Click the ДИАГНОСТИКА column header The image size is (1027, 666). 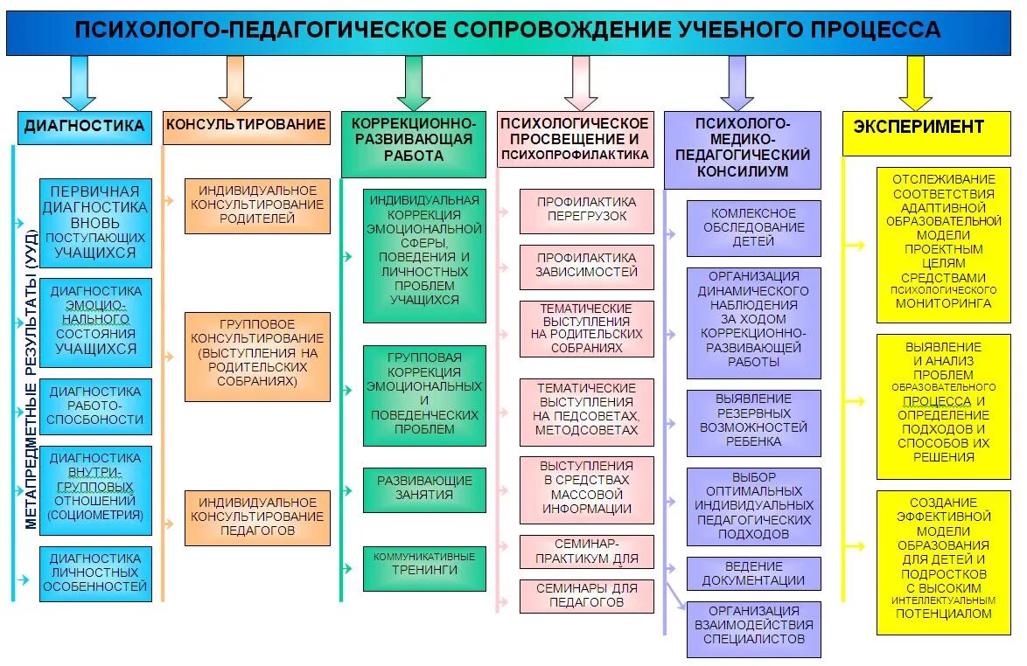(x=84, y=127)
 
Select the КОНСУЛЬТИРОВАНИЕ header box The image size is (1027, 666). (x=247, y=125)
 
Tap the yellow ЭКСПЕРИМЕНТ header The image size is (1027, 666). (x=919, y=127)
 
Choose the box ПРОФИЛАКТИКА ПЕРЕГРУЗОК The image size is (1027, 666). (x=587, y=210)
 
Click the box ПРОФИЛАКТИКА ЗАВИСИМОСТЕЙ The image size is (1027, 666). (x=587, y=266)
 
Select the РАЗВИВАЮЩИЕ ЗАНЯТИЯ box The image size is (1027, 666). (x=424, y=489)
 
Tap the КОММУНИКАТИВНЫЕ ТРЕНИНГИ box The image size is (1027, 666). (x=424, y=564)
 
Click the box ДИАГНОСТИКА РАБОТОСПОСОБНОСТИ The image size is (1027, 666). (x=95, y=406)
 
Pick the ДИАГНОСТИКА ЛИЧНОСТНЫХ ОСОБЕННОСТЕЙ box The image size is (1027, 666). (x=95, y=573)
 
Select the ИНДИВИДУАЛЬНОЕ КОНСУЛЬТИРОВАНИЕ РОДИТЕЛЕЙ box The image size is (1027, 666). (x=257, y=205)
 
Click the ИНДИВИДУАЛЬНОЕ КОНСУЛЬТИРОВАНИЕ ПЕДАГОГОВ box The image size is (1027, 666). (x=257, y=517)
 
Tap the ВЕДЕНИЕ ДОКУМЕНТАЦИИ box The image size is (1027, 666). (x=753, y=573)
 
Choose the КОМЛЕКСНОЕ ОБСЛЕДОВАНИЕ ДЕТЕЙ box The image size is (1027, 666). (x=753, y=227)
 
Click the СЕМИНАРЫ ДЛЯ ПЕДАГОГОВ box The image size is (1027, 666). (x=587, y=595)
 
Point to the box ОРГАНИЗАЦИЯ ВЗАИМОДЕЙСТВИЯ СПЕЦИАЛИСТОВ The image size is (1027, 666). (x=753, y=626)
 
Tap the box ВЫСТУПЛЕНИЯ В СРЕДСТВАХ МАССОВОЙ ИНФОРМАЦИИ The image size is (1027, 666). (x=587, y=488)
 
